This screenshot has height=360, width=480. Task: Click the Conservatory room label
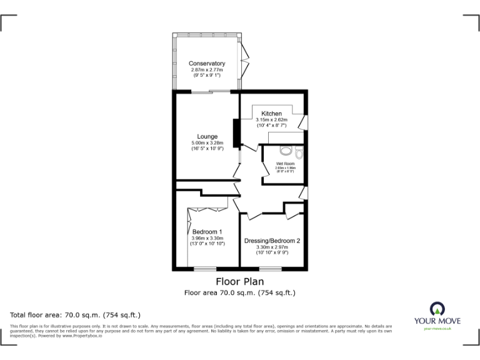tap(207, 64)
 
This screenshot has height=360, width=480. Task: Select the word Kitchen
tap(271, 113)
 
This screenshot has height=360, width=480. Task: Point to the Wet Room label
tap(285, 164)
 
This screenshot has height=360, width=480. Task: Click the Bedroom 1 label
tap(207, 231)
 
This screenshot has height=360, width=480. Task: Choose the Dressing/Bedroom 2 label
tap(272, 241)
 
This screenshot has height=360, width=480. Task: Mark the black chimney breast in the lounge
tap(236, 133)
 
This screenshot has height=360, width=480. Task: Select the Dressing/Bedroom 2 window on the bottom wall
tap(270, 269)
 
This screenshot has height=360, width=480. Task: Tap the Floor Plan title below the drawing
tap(239, 282)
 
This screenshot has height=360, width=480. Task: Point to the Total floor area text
tap(76, 314)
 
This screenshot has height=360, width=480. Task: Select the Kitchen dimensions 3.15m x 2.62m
tap(271, 120)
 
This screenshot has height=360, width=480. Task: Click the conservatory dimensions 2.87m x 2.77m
tap(207, 70)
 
